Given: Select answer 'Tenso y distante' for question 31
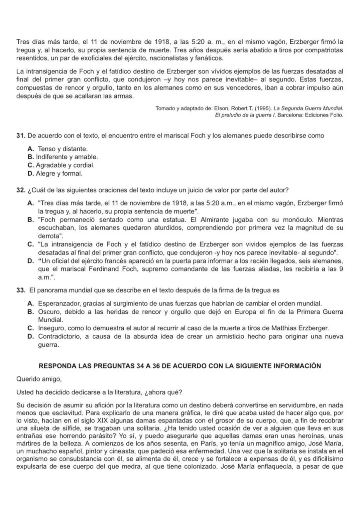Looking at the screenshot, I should [62, 149].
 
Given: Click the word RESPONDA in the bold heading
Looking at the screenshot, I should [57, 366].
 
